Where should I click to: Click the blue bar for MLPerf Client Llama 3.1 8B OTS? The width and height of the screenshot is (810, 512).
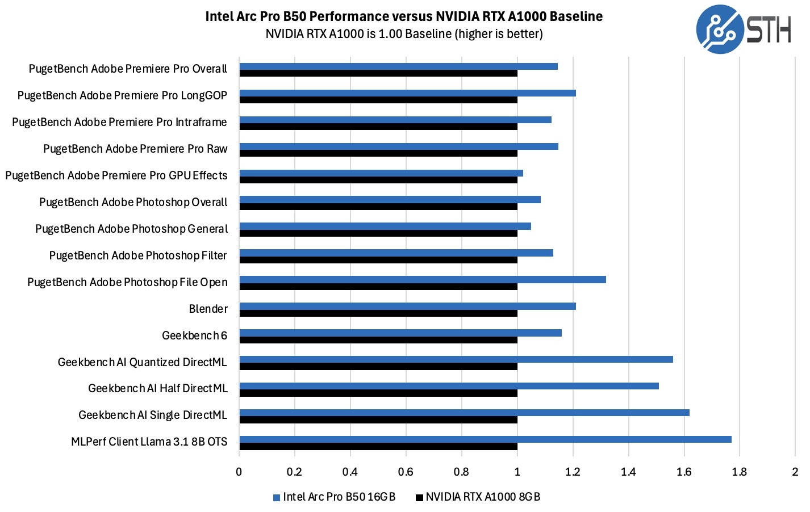tap(485, 439)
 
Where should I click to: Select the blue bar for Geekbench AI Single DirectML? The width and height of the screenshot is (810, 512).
tap(464, 413)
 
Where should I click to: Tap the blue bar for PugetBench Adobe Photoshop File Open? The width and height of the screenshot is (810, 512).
tap(423, 279)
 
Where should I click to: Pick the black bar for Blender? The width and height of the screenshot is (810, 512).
tap(378, 313)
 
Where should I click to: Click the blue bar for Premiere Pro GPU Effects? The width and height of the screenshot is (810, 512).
tap(381, 173)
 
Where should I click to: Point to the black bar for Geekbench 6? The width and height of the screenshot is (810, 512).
tap(378, 340)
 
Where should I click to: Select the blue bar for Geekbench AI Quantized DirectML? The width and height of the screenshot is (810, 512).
tap(456, 359)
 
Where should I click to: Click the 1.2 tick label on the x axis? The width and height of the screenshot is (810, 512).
tap(573, 472)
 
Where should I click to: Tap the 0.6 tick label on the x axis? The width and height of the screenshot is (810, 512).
tap(406, 472)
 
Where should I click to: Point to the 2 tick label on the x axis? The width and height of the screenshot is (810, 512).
tap(795, 472)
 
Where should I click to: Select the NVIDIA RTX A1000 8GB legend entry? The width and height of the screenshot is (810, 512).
tap(478, 497)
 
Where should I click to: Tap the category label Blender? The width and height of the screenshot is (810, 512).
tap(208, 309)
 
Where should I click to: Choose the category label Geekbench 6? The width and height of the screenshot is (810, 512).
tap(194, 335)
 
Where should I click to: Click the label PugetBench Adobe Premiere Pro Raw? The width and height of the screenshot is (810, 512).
tap(135, 149)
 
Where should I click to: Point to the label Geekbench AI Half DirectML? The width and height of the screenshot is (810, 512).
tap(157, 388)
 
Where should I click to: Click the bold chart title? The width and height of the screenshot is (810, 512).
tap(404, 16)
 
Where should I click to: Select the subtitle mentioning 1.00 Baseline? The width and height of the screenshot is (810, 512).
tap(404, 34)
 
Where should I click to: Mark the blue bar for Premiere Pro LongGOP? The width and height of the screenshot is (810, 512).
tap(407, 93)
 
